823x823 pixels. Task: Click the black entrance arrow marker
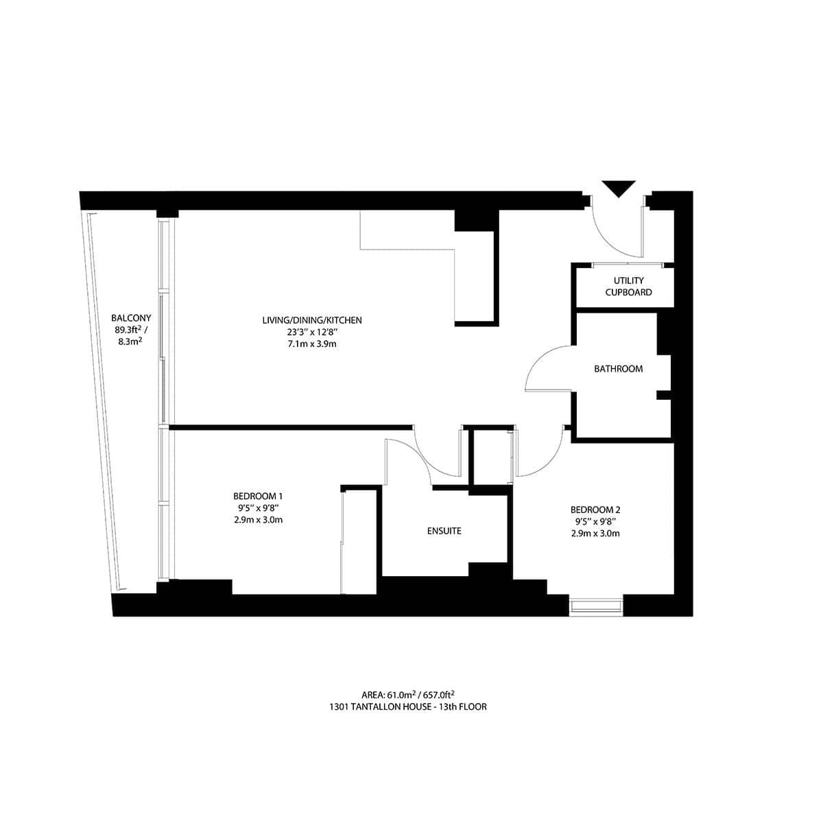[x=619, y=188]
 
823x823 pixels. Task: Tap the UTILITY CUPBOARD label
[x=629, y=287]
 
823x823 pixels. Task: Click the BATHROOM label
[x=618, y=369]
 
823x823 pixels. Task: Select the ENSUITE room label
[x=444, y=531]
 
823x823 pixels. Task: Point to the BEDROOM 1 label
[x=258, y=496]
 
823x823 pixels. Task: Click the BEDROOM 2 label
[x=595, y=510]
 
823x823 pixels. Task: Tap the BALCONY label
[x=131, y=318]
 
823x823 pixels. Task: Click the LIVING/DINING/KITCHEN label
[x=312, y=320]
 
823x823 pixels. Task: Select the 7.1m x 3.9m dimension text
[x=312, y=344]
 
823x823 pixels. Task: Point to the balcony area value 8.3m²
[x=130, y=342]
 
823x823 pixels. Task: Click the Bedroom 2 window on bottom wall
[x=596, y=606]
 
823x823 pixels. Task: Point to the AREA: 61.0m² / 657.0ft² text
[x=409, y=694]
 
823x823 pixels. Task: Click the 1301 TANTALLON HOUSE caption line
[x=408, y=706]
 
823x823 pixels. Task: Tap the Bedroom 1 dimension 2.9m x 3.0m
[x=258, y=520]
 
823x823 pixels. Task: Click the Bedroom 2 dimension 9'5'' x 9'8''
[x=595, y=521]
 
